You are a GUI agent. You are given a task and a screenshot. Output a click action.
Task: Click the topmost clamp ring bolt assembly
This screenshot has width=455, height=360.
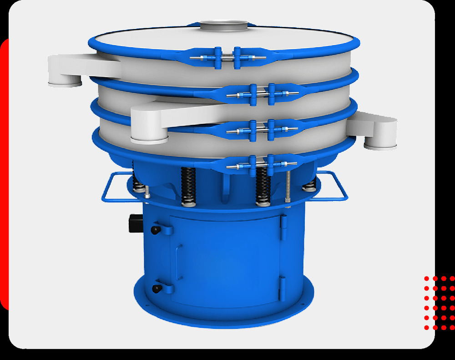pos(226,58)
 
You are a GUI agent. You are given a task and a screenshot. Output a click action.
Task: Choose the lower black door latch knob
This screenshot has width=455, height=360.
pos(156,288)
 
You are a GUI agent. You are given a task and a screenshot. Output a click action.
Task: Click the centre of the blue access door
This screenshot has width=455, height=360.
pos(225,259)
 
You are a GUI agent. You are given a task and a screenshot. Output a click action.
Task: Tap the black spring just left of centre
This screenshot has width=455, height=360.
pos(187,187)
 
